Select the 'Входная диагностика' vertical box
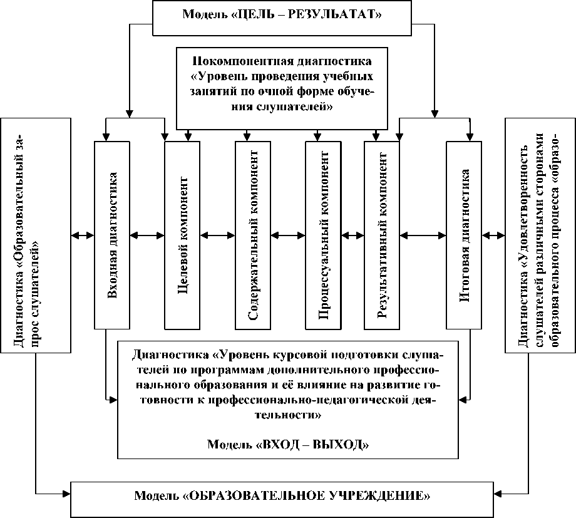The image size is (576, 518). (x=112, y=235)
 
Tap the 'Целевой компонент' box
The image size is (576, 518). (x=182, y=235)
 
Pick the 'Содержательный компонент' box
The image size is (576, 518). (x=253, y=235)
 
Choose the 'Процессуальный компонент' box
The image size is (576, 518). (x=323, y=235)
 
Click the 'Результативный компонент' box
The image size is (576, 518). (x=382, y=235)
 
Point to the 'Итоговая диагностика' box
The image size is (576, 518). (x=465, y=235)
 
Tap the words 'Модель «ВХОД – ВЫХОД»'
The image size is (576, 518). (x=288, y=445)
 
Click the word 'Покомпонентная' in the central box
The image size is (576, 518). (x=229, y=61)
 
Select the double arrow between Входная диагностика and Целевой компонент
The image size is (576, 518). (x=147, y=236)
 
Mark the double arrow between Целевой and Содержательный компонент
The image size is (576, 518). (x=218, y=236)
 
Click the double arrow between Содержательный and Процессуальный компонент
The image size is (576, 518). (x=288, y=236)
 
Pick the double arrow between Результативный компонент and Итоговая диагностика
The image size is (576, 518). (x=423, y=236)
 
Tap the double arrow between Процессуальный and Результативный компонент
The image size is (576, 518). (x=352, y=236)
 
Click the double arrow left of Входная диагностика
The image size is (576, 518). (x=81, y=236)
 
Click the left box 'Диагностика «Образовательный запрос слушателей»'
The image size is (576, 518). (x=34, y=235)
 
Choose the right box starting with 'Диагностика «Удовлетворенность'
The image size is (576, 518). (x=540, y=235)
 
